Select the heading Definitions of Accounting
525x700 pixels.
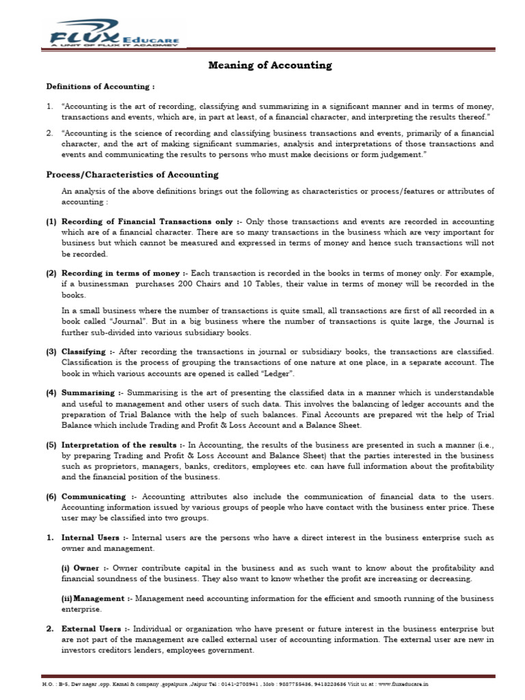coord(100,87)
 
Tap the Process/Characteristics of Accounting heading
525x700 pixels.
coord(132,175)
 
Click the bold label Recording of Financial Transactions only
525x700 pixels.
coord(148,222)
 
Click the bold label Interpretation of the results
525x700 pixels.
coord(120,444)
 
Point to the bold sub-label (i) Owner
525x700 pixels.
coord(81,568)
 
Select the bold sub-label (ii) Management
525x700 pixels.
coord(94,599)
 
